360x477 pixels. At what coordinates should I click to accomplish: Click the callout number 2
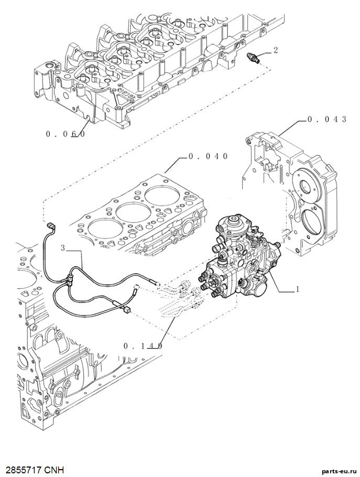pyautogui.click(x=276, y=50)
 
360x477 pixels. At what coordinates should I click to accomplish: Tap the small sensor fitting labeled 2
pyautogui.click(x=253, y=58)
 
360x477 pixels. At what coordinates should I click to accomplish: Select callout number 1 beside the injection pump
pyautogui.click(x=298, y=289)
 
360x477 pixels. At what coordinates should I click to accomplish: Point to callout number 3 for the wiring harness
pyautogui.click(x=63, y=248)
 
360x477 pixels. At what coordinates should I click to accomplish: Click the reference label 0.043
pyautogui.click(x=327, y=120)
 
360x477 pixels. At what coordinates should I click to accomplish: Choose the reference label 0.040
pyautogui.click(x=208, y=156)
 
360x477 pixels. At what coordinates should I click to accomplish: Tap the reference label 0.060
pyautogui.click(x=66, y=134)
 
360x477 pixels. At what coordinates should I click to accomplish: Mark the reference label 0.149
pyautogui.click(x=143, y=345)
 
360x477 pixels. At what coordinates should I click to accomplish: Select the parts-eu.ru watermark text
pyautogui.click(x=341, y=471)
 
